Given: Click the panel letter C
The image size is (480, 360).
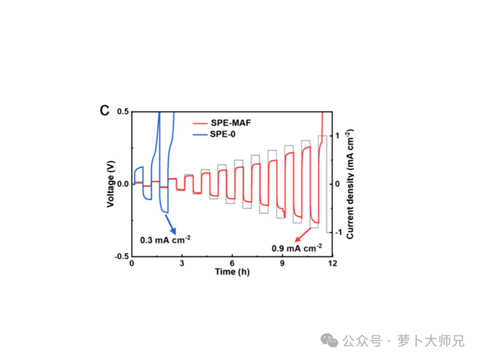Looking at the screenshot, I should pos(105,111).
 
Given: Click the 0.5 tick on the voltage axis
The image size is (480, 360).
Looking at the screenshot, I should pos(121,112).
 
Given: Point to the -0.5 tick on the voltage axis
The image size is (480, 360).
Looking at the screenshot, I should pos(120,256).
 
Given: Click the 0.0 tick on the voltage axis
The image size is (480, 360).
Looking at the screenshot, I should pos(121,184).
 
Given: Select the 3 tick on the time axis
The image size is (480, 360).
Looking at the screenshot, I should pos(182,264).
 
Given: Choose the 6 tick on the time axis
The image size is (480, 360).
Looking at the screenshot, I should pos(232,264).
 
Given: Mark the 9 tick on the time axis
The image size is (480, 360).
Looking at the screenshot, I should pos(283,264).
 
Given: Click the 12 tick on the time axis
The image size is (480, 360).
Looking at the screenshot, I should pos(332,264).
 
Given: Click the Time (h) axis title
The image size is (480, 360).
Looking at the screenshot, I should pos(232,273).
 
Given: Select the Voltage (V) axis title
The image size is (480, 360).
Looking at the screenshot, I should pos(110,184).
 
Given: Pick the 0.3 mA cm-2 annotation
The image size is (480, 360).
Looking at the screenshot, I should pos(165,238).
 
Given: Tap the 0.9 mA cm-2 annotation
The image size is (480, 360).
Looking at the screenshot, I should pos(296,248).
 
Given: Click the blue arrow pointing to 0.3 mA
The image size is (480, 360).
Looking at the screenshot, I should pos(171,222).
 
